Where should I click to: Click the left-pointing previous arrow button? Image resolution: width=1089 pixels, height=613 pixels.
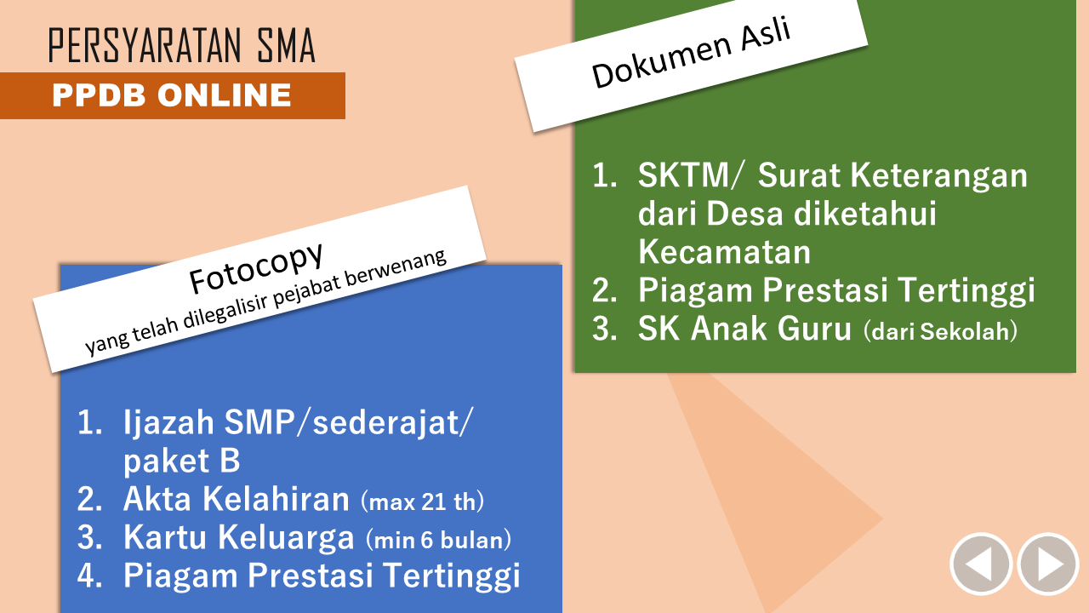(981, 564)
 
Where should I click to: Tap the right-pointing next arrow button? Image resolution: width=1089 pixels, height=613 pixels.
(1048, 564)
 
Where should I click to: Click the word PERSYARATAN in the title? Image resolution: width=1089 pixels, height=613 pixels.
(145, 45)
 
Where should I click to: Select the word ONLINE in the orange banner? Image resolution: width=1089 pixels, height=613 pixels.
(224, 95)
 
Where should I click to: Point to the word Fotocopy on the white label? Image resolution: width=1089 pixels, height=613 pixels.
(256, 267)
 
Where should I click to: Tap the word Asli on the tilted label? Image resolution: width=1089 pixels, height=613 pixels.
(767, 33)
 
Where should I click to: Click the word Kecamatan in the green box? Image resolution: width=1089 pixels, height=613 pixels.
(724, 251)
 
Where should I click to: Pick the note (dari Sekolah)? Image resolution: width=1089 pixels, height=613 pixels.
(940, 331)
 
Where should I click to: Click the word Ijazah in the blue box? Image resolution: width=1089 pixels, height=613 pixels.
(168, 423)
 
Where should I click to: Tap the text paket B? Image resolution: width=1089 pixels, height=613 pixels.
(181, 461)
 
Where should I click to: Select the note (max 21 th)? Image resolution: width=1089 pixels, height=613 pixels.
(423, 501)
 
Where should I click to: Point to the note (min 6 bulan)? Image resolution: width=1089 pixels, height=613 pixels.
(438, 540)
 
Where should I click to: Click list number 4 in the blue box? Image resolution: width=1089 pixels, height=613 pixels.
(89, 575)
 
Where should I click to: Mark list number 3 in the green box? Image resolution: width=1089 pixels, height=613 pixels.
(604, 329)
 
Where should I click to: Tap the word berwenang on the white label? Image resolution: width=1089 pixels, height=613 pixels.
(396, 267)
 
